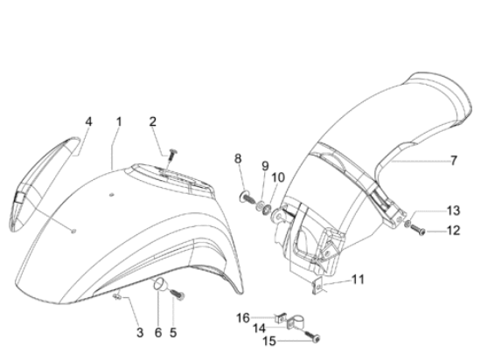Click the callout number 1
click(x=119, y=121)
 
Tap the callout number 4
click(x=88, y=121)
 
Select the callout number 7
click(x=454, y=160)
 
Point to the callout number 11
click(x=358, y=280)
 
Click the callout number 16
click(x=243, y=318)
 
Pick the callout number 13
click(x=453, y=211)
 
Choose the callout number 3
click(x=140, y=332)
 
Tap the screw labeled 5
click(x=178, y=294)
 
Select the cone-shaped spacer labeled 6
click(x=160, y=284)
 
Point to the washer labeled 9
click(x=261, y=205)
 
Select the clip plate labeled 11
click(x=317, y=286)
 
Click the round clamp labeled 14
click(x=296, y=323)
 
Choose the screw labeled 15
click(x=313, y=336)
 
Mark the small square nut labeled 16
click(x=281, y=318)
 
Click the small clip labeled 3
click(x=117, y=296)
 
